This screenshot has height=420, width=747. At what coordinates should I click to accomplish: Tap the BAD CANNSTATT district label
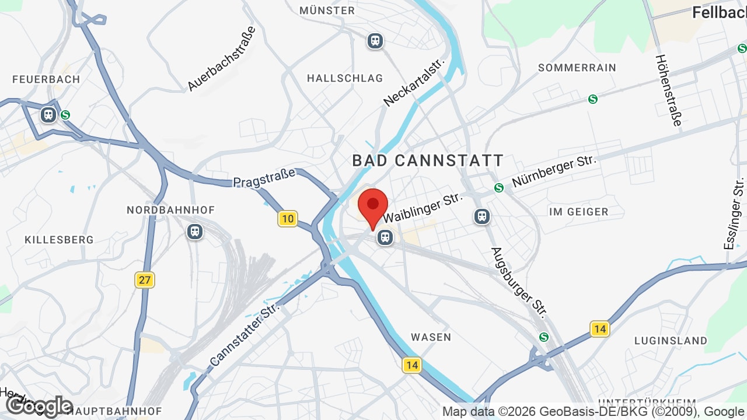(428, 160)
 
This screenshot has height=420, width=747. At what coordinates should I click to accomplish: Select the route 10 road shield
(287, 219)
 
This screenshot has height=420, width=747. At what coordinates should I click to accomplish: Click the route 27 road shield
(145, 280)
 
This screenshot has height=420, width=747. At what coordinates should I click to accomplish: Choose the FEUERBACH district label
(46, 79)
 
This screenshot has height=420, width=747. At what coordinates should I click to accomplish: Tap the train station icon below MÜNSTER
(375, 41)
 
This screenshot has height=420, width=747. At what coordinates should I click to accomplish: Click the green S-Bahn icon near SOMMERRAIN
(593, 99)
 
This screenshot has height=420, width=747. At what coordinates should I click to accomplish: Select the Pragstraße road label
(264, 178)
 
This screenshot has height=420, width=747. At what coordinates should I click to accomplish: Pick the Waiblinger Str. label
(423, 208)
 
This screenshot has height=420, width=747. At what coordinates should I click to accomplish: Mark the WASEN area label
(431, 337)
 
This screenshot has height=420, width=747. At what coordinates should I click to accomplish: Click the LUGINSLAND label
(671, 341)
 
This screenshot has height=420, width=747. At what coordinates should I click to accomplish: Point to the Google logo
(39, 406)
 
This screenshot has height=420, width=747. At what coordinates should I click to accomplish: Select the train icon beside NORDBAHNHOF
(195, 232)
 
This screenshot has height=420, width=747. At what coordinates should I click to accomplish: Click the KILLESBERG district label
(59, 240)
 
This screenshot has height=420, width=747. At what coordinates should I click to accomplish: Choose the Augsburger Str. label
(519, 282)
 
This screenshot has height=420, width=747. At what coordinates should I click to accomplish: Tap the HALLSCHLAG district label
(345, 78)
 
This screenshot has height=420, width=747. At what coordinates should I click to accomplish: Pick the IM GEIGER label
(579, 212)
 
